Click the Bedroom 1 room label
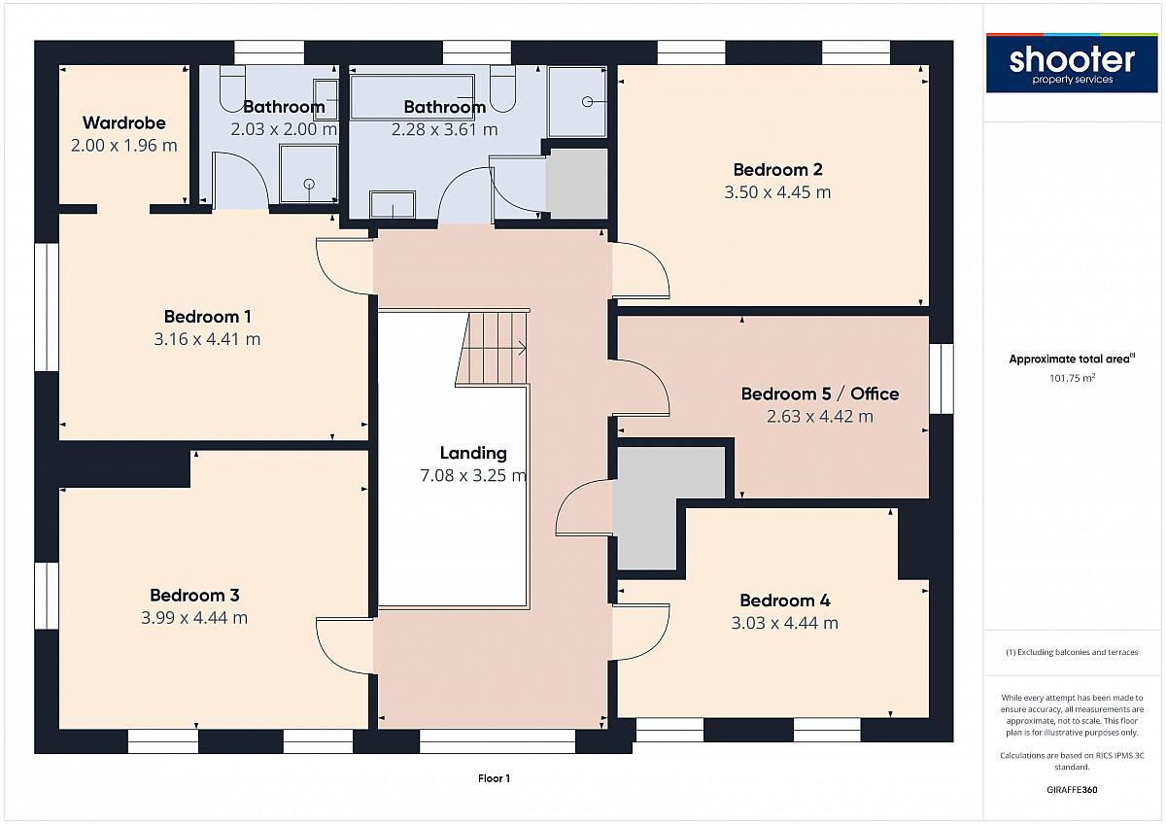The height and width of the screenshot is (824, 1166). [x=207, y=317]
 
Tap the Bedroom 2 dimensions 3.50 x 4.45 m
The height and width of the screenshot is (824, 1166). [x=777, y=192]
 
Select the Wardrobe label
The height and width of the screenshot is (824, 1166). [x=124, y=122]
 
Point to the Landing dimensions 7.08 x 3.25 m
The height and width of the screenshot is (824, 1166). [x=473, y=475]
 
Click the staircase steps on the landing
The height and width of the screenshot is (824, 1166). [x=493, y=348]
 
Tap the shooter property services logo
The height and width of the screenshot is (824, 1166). [x=1072, y=63]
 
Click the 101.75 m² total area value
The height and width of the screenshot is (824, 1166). [x=1072, y=378]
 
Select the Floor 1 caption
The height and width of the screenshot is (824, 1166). [x=494, y=778]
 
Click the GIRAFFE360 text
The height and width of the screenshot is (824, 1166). [x=1072, y=790]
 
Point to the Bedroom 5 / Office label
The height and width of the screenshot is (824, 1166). [x=820, y=394]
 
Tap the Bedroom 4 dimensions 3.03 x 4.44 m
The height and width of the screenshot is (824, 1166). [x=784, y=623]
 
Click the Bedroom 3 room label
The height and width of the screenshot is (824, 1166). [x=194, y=595]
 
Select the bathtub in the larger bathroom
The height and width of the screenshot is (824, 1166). [x=412, y=97]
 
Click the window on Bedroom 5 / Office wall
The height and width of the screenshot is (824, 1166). [x=942, y=378]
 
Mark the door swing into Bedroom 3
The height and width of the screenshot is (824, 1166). [x=345, y=645]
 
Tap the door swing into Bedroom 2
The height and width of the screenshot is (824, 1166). [x=640, y=270]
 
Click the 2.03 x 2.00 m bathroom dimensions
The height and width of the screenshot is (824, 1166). [x=284, y=128]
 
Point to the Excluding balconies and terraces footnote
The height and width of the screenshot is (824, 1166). [x=1072, y=652]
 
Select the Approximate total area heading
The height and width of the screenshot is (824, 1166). [x=1072, y=359]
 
